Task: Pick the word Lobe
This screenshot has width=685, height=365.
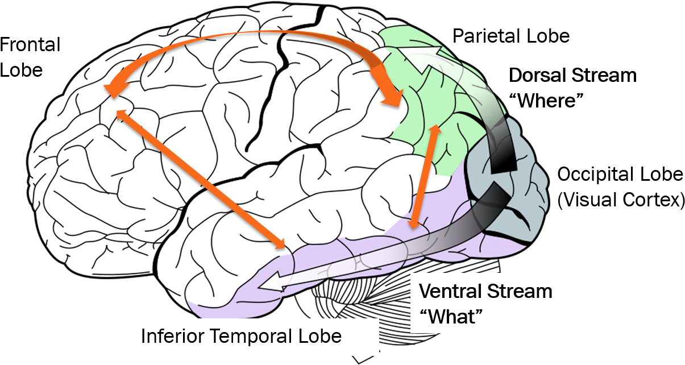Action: (x=322, y=336)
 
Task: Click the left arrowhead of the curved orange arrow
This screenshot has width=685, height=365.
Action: (x=114, y=89)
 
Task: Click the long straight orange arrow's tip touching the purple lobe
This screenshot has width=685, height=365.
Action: (x=281, y=246)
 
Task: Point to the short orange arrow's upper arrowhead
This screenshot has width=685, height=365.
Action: (x=436, y=130)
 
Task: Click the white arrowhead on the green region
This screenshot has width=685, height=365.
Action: (x=412, y=57)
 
